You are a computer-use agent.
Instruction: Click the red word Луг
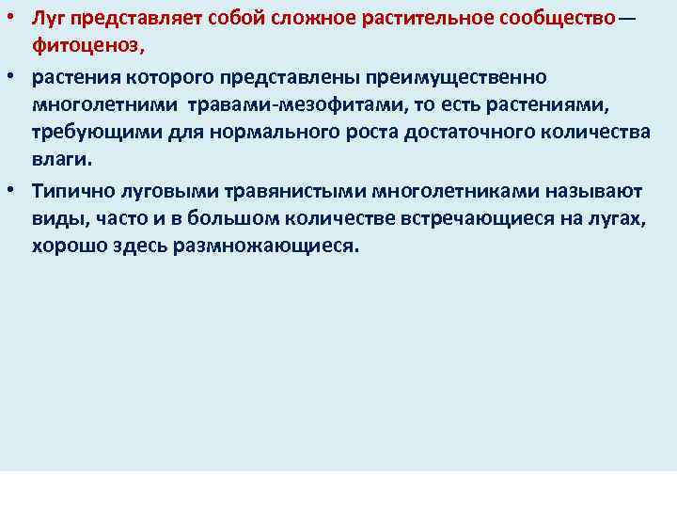[x=47, y=20]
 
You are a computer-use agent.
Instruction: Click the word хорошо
[x=69, y=246]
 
